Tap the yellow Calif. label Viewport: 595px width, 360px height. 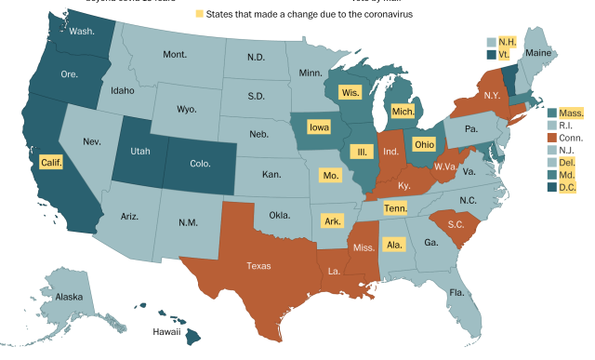(53, 163)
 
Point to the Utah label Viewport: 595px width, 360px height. (139, 149)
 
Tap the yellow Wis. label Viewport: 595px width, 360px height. (350, 93)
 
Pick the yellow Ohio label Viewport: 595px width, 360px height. (424, 145)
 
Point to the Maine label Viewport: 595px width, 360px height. (538, 53)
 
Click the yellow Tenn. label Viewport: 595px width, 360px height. (395, 207)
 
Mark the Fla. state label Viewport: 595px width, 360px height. (456, 293)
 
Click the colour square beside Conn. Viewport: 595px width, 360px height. (551, 137)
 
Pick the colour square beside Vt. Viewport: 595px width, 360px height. (492, 55)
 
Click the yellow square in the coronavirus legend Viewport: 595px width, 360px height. (198, 15)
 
